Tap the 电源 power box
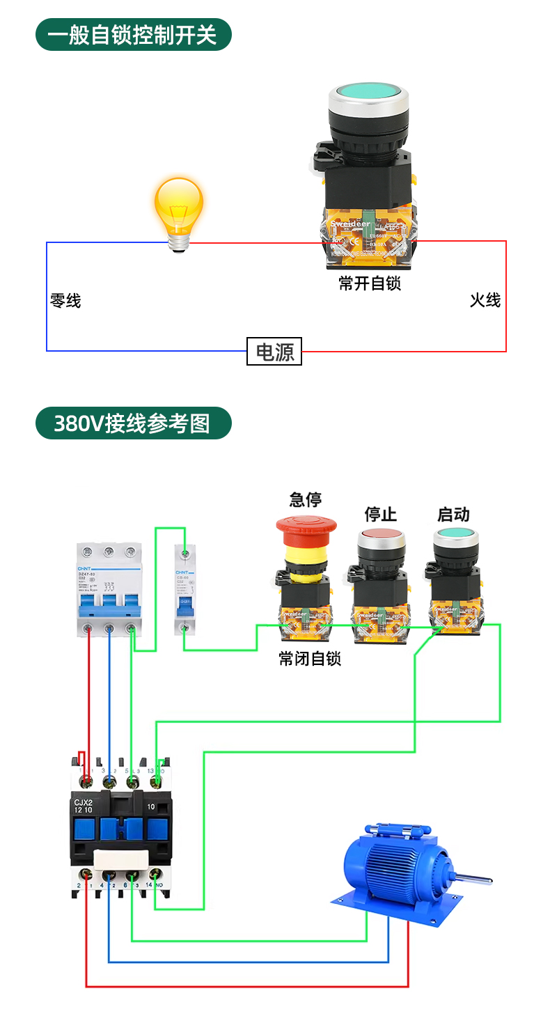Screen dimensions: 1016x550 pyautogui.click(x=274, y=351)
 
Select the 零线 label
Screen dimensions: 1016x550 pyautogui.click(x=65, y=301)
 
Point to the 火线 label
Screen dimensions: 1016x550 pyautogui.click(x=485, y=300)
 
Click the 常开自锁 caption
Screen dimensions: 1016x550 pyautogui.click(x=370, y=283)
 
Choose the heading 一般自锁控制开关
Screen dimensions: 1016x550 pyautogui.click(x=133, y=34)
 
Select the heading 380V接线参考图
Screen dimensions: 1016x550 pyautogui.click(x=133, y=423)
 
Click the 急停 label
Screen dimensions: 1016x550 pyautogui.click(x=306, y=499)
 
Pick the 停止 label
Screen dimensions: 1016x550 pyautogui.click(x=380, y=514)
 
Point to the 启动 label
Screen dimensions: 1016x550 pyautogui.click(x=453, y=514)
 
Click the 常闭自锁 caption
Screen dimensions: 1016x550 pyautogui.click(x=310, y=658)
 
